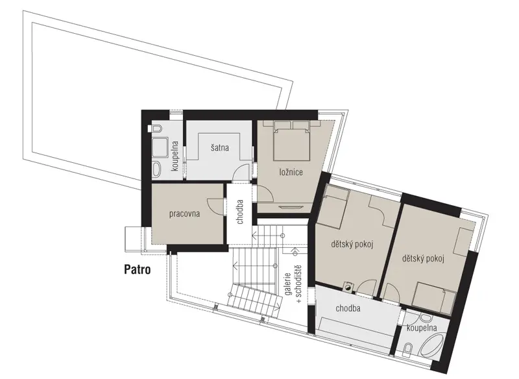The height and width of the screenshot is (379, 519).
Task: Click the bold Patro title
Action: (x=138, y=269)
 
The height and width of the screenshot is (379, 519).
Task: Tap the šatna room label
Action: (x=220, y=147)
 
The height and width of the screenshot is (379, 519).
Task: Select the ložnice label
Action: (x=291, y=172)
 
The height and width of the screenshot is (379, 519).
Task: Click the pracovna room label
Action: (x=184, y=214)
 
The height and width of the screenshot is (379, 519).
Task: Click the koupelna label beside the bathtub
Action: (x=422, y=328)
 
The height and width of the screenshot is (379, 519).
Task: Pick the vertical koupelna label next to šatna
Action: (x=175, y=156)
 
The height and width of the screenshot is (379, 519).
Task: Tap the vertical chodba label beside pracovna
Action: (x=240, y=212)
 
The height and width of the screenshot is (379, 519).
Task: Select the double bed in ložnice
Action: (x=291, y=140)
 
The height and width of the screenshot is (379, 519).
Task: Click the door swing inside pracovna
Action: (x=215, y=205)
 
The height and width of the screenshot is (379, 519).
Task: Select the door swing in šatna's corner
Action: (x=241, y=172)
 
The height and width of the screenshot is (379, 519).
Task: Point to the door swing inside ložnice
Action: (x=265, y=193)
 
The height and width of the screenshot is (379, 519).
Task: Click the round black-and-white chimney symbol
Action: (x=348, y=287)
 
